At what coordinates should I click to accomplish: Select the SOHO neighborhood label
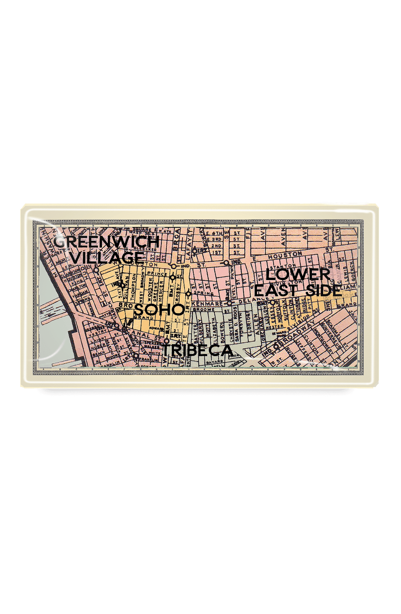point(159,309)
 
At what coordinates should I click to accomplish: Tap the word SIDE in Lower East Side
point(324,291)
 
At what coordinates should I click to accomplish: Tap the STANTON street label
point(281,267)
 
